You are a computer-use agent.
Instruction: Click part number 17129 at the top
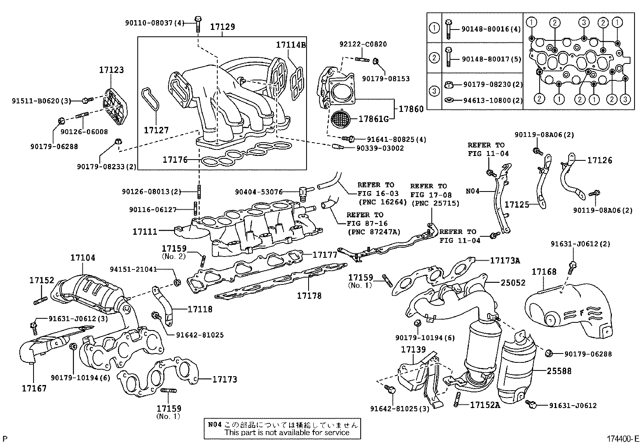pyautogui.click(x=222, y=27)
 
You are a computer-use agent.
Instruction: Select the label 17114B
pyautogui.click(x=291, y=45)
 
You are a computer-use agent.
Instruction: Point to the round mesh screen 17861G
pyautogui.click(x=340, y=119)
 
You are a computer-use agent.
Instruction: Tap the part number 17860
pyautogui.click(x=411, y=109)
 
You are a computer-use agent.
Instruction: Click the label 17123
pyautogui.click(x=111, y=70)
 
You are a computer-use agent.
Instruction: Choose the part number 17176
pyautogui.click(x=175, y=160)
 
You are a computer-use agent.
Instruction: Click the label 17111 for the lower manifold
pyautogui.click(x=145, y=231)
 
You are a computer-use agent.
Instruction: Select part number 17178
pyautogui.click(x=309, y=296)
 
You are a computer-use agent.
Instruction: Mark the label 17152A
pyautogui.click(x=485, y=404)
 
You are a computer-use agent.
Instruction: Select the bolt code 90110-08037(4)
pyautogui.click(x=154, y=23)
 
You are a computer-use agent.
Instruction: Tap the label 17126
pyautogui.click(x=599, y=160)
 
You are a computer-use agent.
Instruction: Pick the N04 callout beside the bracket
pyautogui.click(x=473, y=191)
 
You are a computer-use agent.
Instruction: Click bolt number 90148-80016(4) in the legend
pyautogui.click(x=485, y=29)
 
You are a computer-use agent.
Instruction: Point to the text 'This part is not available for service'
pyautogui.click(x=287, y=432)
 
